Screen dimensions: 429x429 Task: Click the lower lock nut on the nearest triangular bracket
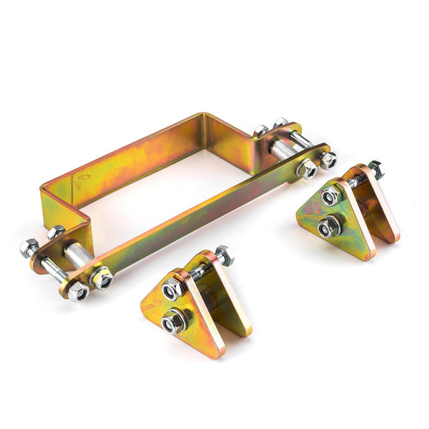pyautogui.click(x=175, y=322)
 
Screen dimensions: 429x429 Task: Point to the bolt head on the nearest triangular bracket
pyautogui.click(x=223, y=256)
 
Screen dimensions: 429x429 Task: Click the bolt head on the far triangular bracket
pyautogui.click(x=375, y=169)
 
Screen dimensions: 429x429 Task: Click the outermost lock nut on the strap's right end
pyautogui.click(x=328, y=159)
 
